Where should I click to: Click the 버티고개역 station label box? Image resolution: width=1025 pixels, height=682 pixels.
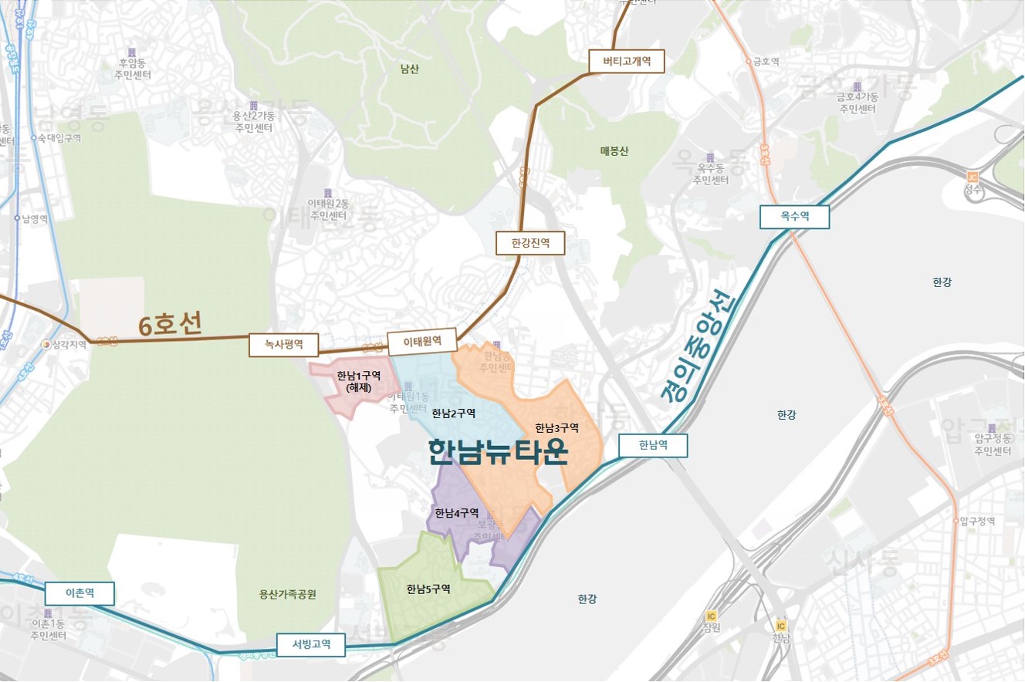pyautogui.click(x=626, y=62)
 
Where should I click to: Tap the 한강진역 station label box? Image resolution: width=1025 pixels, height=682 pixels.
pyautogui.click(x=530, y=244)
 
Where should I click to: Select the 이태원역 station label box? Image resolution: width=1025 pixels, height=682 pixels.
pyautogui.click(x=422, y=340)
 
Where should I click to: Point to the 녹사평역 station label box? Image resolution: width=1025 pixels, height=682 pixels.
pyautogui.click(x=283, y=346)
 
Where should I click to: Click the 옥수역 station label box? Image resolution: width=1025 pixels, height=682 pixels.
pyautogui.click(x=794, y=217)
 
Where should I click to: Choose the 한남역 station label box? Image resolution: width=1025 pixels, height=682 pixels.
pyautogui.click(x=652, y=445)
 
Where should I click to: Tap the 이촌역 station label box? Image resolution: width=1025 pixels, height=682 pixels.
pyautogui.click(x=79, y=593)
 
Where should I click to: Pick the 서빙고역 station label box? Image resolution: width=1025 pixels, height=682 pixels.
pyautogui.click(x=311, y=643)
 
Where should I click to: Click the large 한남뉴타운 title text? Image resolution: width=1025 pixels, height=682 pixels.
pyautogui.click(x=498, y=453)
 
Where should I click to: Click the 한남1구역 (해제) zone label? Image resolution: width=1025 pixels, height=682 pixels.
pyautogui.click(x=359, y=381)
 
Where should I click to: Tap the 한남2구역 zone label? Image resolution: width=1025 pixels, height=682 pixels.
pyautogui.click(x=454, y=413)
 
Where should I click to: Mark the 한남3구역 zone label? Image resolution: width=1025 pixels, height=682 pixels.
pyautogui.click(x=557, y=427)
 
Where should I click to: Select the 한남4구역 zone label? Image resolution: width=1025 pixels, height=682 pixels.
pyautogui.click(x=457, y=513)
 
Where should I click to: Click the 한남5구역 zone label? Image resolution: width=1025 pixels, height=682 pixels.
pyautogui.click(x=428, y=589)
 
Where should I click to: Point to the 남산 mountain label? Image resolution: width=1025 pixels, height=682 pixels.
pyautogui.click(x=410, y=69)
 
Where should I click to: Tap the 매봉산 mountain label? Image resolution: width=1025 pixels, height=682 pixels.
pyautogui.click(x=614, y=151)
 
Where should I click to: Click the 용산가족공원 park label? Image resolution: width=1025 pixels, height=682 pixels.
pyautogui.click(x=288, y=594)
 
